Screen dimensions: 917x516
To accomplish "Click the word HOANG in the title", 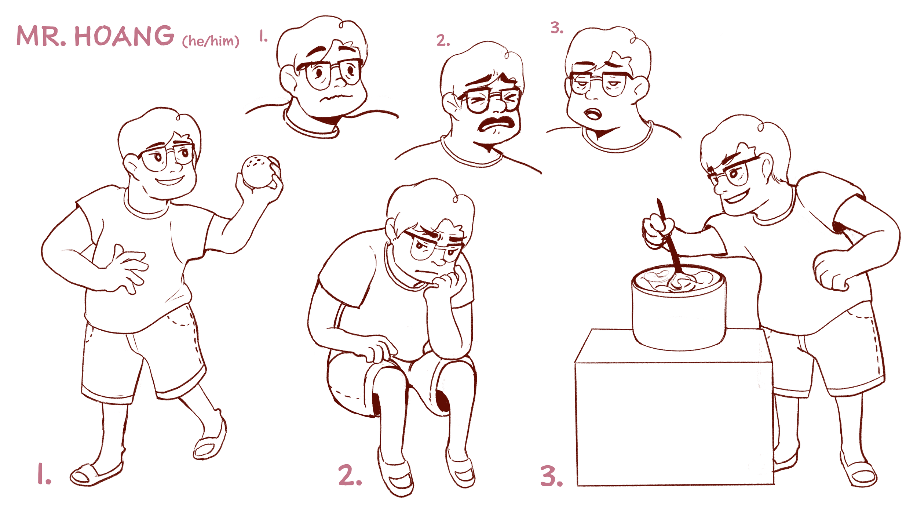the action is point(124,36).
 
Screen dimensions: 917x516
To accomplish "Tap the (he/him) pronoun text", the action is point(211,41).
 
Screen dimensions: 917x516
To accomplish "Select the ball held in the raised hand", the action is point(258,171).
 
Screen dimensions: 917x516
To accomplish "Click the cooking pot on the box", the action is point(679,307).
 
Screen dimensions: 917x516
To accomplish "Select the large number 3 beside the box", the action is point(551,476).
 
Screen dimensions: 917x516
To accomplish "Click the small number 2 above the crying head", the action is point(443,40).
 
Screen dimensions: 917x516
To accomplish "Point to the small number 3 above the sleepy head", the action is point(557,28).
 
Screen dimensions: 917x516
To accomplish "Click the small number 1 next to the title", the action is point(263,36).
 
